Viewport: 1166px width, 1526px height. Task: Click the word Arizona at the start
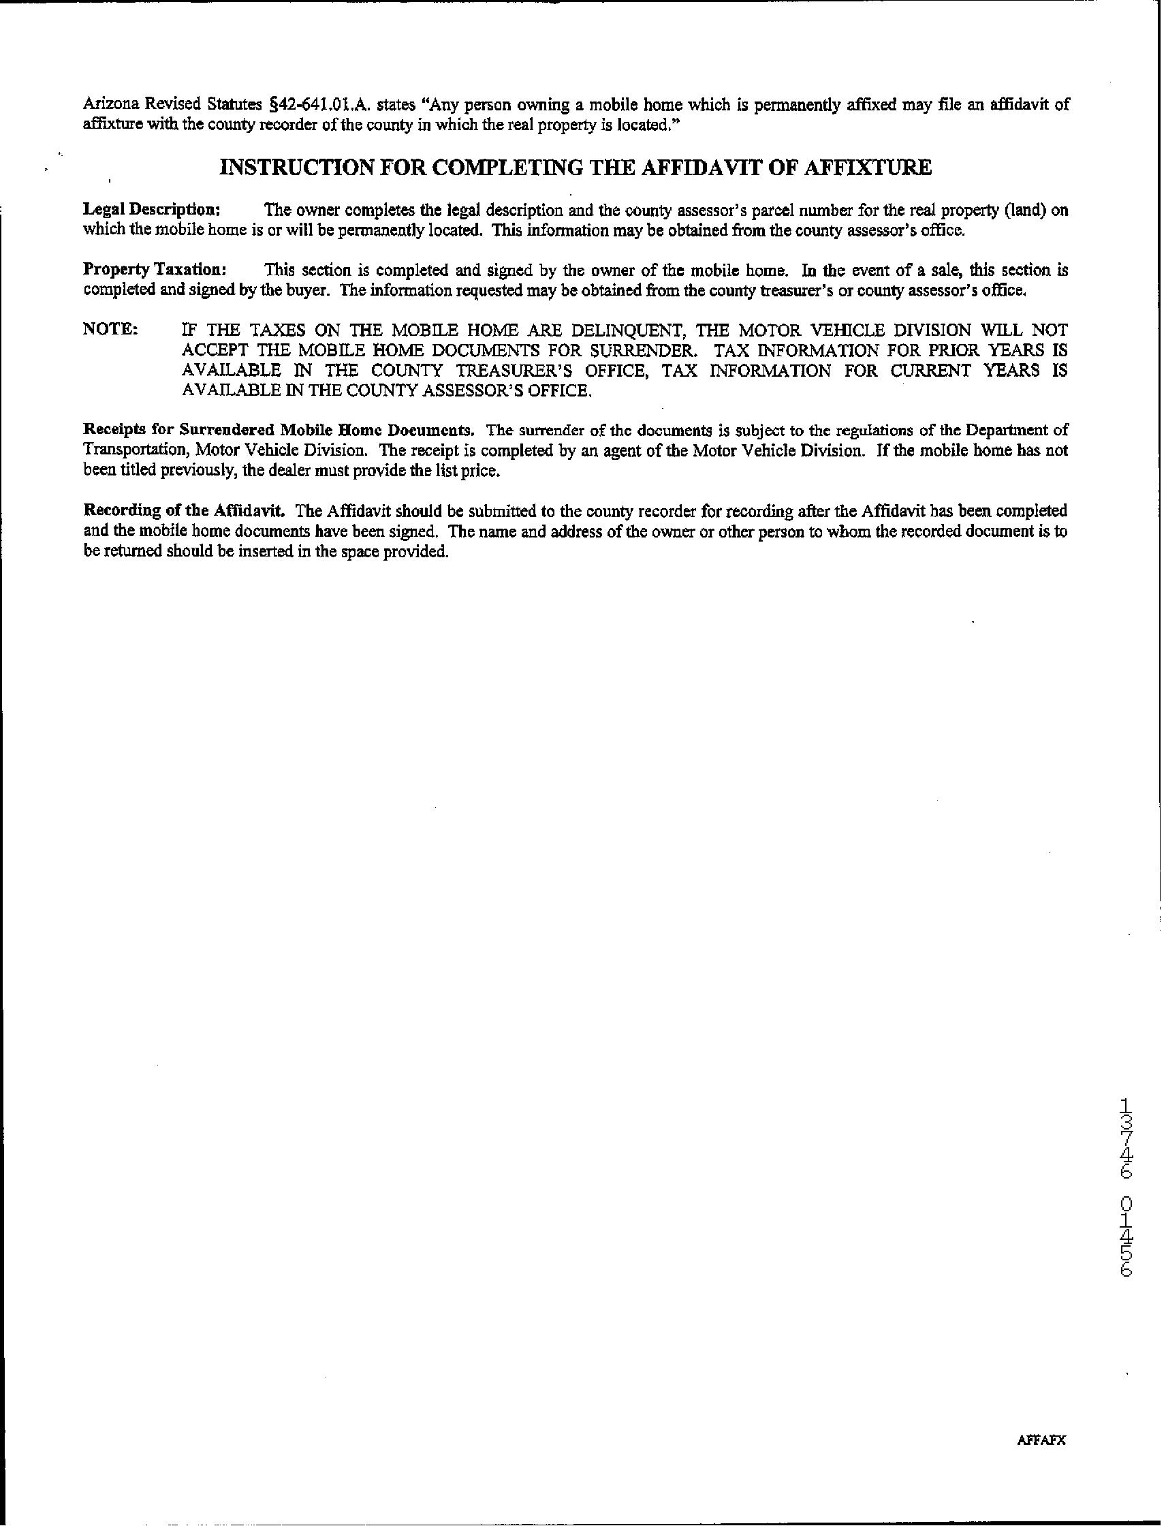pos(108,106)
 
